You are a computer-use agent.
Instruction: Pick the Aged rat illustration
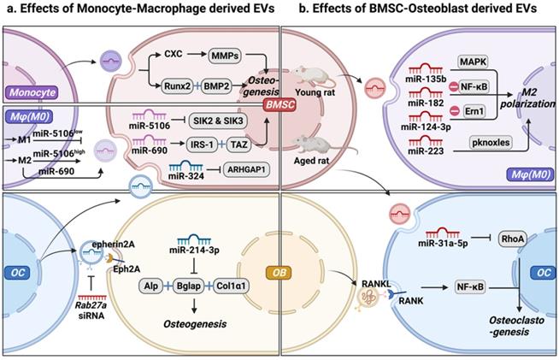[310, 147]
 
